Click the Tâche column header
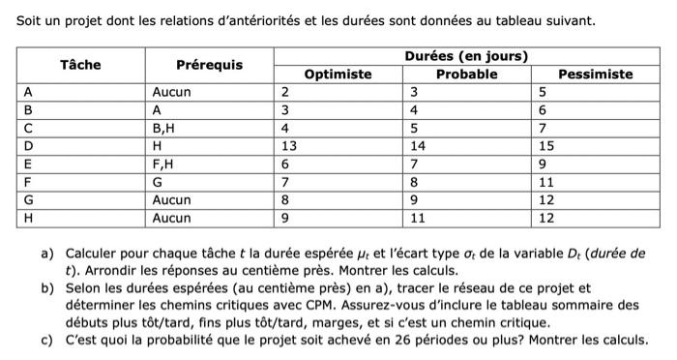[80, 65]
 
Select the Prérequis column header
[209, 65]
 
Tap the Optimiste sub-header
[338, 74]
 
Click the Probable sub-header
[466, 74]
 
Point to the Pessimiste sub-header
[595, 74]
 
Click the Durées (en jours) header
[466, 56]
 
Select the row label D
[29, 145]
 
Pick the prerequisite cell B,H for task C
[164, 127]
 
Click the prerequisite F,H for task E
[164, 164]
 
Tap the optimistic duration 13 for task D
[288, 145]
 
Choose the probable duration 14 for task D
[418, 145]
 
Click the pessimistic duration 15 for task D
[546, 145]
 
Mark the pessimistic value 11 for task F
[546, 181]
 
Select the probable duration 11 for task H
[418, 218]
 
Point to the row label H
[30, 218]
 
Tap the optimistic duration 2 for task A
[284, 91]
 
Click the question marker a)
[47, 253]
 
